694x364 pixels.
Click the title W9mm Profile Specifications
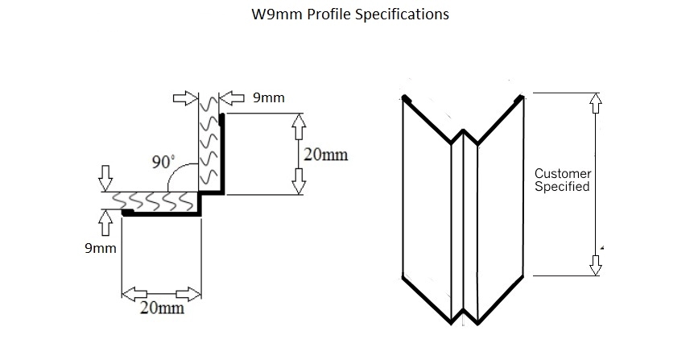pos(350,14)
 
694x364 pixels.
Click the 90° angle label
pos(163,162)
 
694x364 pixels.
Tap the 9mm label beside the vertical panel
pos(269,98)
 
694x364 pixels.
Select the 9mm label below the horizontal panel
pos(101,248)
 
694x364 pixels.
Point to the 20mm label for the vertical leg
pos(326,155)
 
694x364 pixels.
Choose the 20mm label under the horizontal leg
pos(162,308)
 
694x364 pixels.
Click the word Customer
pos(563,173)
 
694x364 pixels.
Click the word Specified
pos(562,186)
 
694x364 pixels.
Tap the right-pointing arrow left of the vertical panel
pos(185,98)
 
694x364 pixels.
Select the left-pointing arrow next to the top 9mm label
pos(232,98)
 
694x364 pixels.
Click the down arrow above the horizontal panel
pos(105,179)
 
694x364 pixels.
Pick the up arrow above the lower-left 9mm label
pos(105,223)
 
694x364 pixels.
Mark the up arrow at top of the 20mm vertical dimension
pos(299,126)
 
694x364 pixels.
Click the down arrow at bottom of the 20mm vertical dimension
pos(299,181)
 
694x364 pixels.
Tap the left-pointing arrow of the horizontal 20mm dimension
pos(134,294)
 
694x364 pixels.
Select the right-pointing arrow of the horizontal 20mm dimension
pos(188,294)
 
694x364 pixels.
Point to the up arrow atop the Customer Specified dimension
pos(596,103)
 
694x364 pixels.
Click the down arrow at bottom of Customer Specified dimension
pos(596,265)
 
